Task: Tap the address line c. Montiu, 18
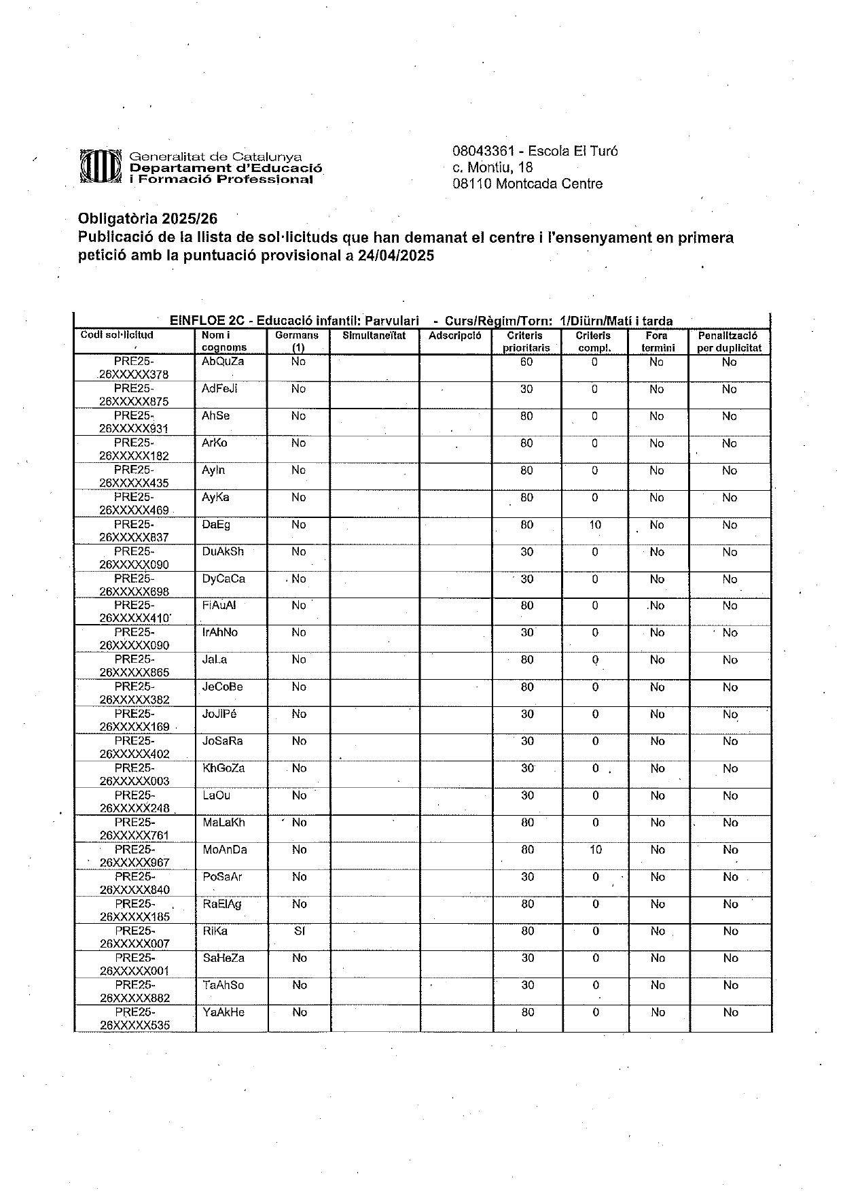(x=492, y=167)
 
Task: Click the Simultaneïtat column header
(x=374, y=335)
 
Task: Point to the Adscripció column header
(x=454, y=335)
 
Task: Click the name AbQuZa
(x=223, y=362)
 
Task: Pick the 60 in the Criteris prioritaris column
(x=526, y=362)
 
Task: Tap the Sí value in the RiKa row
(x=299, y=931)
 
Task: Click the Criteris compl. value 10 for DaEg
(x=595, y=525)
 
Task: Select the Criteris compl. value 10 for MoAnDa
(x=596, y=850)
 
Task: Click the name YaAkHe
(x=223, y=1012)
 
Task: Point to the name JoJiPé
(x=219, y=714)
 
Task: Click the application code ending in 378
(x=134, y=368)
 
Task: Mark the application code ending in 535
(x=134, y=1018)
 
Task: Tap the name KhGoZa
(x=223, y=768)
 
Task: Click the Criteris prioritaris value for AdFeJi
(x=526, y=389)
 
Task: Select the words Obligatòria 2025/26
(x=147, y=219)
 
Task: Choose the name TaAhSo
(x=223, y=985)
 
